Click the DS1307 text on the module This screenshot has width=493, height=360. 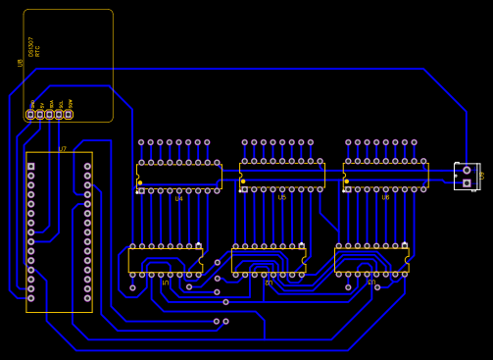(x=31, y=47)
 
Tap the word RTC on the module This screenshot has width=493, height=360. (x=38, y=50)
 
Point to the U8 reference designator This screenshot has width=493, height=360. (x=21, y=62)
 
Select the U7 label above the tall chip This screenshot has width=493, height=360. (x=63, y=149)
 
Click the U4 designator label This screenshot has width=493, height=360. (x=178, y=199)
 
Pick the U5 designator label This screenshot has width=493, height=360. (x=282, y=198)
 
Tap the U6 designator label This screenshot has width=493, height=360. (x=385, y=198)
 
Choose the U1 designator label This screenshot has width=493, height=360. (x=165, y=283)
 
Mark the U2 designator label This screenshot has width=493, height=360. (x=269, y=283)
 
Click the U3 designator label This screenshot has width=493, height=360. (x=371, y=283)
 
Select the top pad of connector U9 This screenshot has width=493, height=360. (x=467, y=170)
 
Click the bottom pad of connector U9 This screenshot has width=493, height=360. (x=467, y=182)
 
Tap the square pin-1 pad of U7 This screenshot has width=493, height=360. (x=30, y=167)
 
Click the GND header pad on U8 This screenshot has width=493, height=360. (x=30, y=115)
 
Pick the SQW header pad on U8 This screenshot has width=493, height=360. (x=69, y=115)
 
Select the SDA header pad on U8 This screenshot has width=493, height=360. (x=49, y=115)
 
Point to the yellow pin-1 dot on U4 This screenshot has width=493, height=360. (x=140, y=182)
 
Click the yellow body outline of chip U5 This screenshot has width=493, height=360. (x=282, y=164)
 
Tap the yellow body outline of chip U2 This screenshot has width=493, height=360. (x=269, y=250)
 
